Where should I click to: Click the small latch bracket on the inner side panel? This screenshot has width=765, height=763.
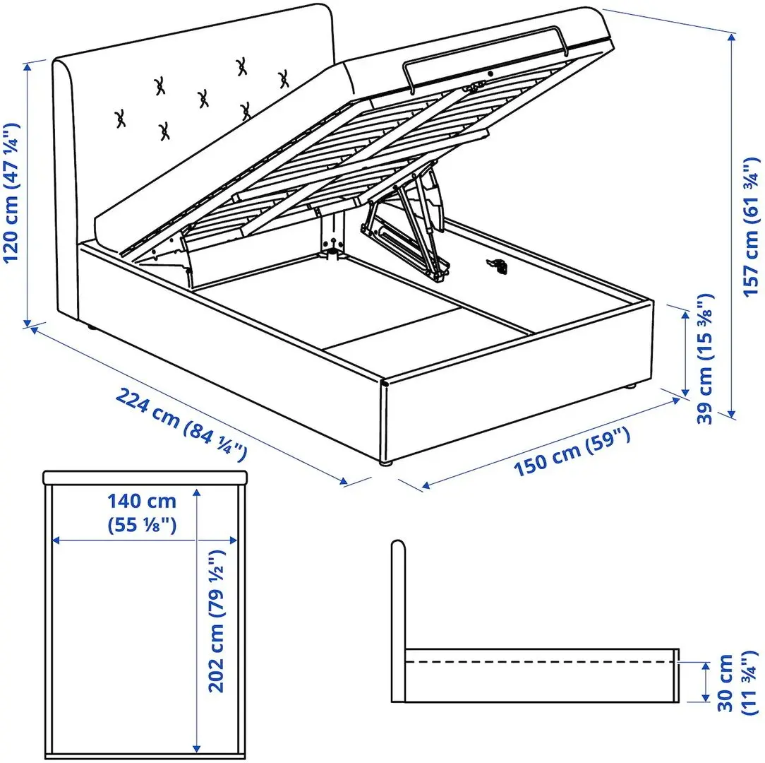498,265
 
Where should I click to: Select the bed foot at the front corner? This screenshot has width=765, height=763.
385,463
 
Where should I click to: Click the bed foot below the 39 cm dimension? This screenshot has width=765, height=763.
630,386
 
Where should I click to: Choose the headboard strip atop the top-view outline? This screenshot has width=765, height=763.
145,478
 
